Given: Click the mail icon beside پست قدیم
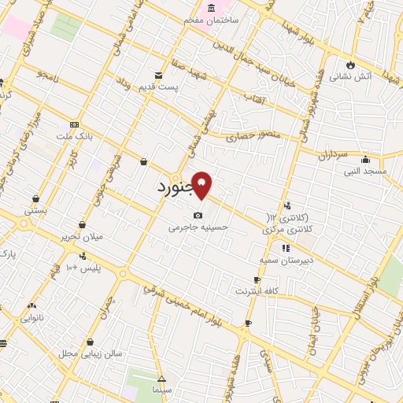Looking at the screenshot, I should point(159,76).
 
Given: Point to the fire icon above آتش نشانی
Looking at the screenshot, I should point(351,65).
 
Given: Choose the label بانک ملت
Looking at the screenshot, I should point(78,136).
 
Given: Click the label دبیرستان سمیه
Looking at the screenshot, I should point(287,259).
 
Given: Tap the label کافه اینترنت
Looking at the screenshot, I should point(257,291).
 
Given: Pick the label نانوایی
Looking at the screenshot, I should point(31,319).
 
